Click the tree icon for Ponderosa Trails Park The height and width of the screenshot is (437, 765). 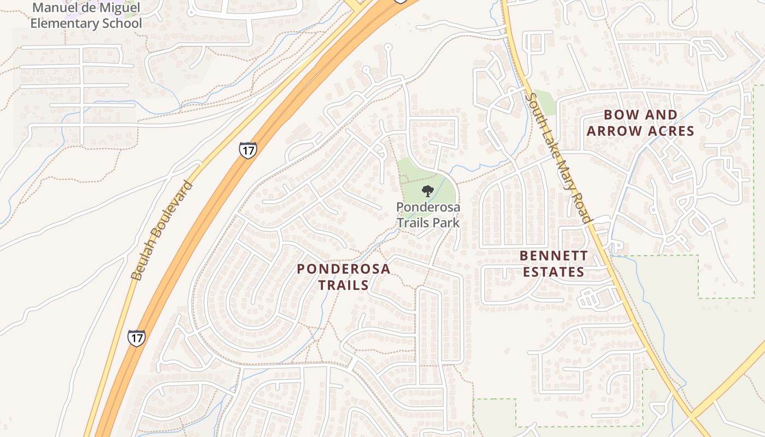tap(428, 191)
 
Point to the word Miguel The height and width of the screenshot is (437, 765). tap(118, 8)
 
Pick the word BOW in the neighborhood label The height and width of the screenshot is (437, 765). tap(617, 115)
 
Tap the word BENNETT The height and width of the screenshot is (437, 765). tap(554, 256)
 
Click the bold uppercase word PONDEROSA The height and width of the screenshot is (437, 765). tap(343, 269)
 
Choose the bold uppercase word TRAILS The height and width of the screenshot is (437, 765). tap(343, 285)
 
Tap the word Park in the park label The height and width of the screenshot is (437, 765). tap(446, 223)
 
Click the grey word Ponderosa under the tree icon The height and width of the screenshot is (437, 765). tap(428, 208)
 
